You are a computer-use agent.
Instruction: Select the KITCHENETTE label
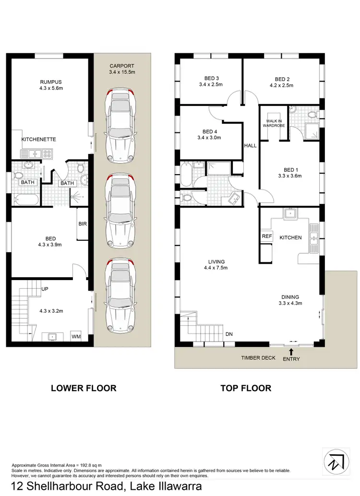(39, 140)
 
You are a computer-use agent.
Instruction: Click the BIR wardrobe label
(82, 224)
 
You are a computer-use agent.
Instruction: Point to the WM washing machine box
(76, 337)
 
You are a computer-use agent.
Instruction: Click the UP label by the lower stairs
(45, 290)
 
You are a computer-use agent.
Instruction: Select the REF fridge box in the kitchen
(266, 236)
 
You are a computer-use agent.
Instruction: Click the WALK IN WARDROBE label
(274, 123)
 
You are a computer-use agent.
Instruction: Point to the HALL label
(250, 145)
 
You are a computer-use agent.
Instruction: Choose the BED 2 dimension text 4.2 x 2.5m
(281, 85)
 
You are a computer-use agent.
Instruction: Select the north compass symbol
(335, 461)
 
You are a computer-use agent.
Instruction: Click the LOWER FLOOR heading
(84, 388)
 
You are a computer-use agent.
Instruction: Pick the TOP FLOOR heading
(246, 388)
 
